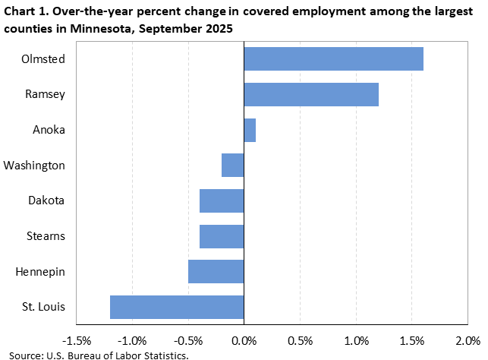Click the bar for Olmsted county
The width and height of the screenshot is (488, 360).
pos(333,58)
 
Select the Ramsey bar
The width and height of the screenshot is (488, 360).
pos(311,94)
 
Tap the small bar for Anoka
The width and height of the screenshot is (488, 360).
pos(250,130)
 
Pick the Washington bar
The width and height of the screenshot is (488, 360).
pos(233,165)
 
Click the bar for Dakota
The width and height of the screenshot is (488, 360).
pos(222,201)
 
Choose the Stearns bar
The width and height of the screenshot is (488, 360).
pos(222,236)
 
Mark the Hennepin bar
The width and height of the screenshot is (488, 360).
pos(216,271)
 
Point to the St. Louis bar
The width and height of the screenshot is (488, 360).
pos(177,307)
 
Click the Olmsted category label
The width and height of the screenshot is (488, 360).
pos(44,58)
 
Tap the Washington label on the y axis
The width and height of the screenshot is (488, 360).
pos(34,165)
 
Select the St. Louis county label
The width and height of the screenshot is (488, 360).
pos(43,307)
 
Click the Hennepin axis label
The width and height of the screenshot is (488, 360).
pos(39,271)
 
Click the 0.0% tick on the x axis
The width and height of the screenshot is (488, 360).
pos(244,339)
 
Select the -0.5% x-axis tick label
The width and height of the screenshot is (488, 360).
pos(188,339)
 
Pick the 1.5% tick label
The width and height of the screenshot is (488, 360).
pos(411,339)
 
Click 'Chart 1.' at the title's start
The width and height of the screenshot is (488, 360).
pos(25,11)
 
